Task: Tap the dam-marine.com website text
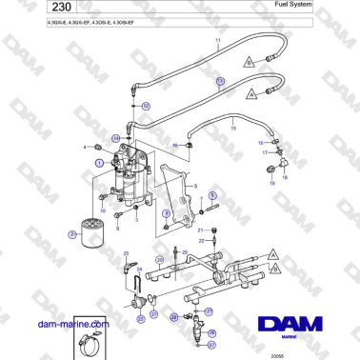click(x=72, y=323)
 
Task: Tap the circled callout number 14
click(x=115, y=139)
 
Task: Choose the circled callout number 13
click(x=220, y=83)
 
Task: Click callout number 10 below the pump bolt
click(x=103, y=210)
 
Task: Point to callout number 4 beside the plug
click(x=86, y=147)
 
